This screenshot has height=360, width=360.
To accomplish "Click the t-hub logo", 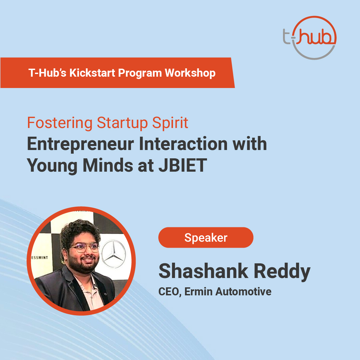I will point(309,38).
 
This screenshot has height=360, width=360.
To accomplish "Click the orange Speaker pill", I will point(206,238).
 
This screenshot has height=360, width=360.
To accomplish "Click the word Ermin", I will point(199,292).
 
